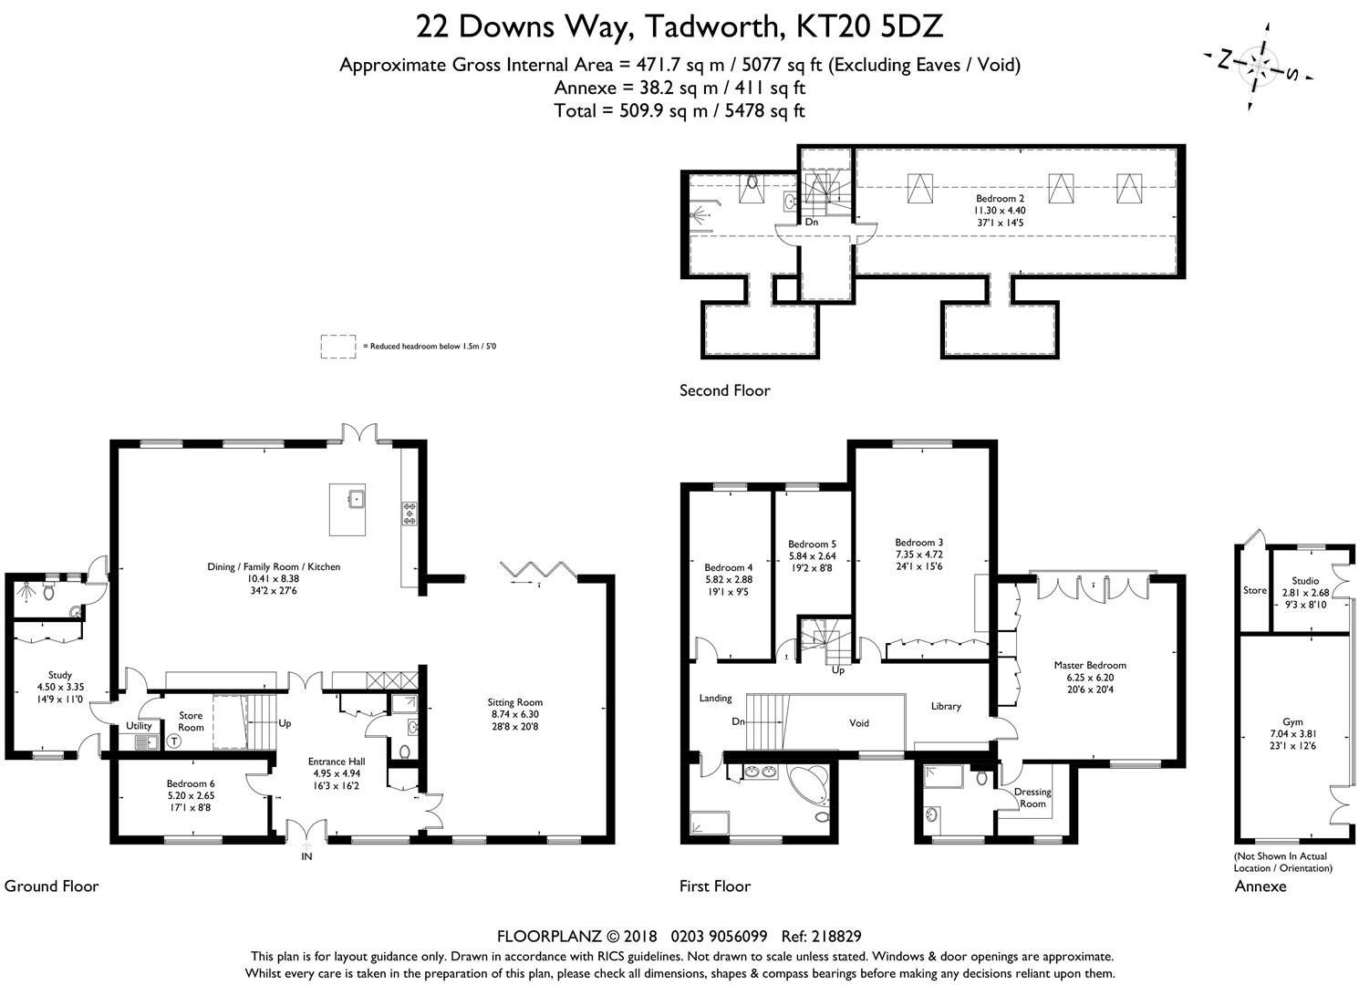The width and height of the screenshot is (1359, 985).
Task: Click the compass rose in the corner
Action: pyautogui.click(x=1259, y=66)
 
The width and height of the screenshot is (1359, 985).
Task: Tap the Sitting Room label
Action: pyautogui.click(x=514, y=714)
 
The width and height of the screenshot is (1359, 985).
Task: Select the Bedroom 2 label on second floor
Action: pyautogui.click(x=1000, y=211)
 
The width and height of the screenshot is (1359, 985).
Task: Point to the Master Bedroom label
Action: pyautogui.click(x=1090, y=677)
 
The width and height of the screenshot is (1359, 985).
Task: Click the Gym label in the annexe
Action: pyautogui.click(x=1292, y=734)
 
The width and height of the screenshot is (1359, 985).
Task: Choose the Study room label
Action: pyautogui.click(x=60, y=687)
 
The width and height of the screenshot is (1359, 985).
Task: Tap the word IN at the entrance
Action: pyautogui.click(x=306, y=856)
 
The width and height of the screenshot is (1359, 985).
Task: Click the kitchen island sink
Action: pyautogui.click(x=356, y=499)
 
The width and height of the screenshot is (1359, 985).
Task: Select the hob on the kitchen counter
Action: pyautogui.click(x=410, y=513)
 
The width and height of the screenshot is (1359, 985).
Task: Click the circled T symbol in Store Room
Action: pyautogui.click(x=174, y=741)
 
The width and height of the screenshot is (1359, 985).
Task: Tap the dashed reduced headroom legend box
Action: pyautogui.click(x=338, y=347)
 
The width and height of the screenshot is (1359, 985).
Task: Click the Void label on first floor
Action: pyautogui.click(x=858, y=723)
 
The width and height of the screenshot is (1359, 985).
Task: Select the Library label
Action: pyautogui.click(x=946, y=706)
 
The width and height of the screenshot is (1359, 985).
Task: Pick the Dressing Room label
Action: pyautogui.click(x=1032, y=798)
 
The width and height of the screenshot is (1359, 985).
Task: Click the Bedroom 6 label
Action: pyautogui.click(x=191, y=795)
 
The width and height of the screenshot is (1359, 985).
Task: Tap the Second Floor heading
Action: pyautogui.click(x=724, y=390)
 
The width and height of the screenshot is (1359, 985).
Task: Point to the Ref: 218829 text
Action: pyautogui.click(x=821, y=937)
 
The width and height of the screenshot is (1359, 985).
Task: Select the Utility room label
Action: pyautogui.click(x=139, y=726)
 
